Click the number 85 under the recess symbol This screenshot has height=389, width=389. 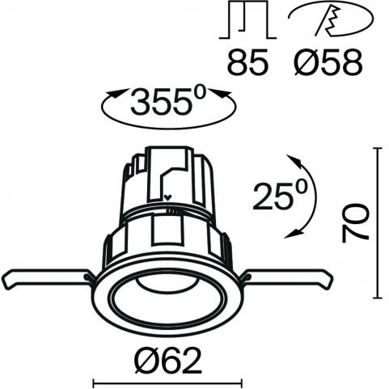(x=248, y=61)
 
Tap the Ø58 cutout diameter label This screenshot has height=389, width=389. (x=328, y=61)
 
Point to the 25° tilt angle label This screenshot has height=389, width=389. (x=280, y=195)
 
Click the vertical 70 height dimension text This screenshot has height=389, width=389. (x=355, y=223)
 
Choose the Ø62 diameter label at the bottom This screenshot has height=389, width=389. (x=168, y=360)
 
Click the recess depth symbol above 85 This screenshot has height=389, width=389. (x=247, y=19)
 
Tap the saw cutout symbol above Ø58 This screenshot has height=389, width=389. (x=331, y=19)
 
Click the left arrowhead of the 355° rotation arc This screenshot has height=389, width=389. (x=114, y=94)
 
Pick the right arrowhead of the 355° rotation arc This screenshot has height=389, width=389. (x=222, y=94)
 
